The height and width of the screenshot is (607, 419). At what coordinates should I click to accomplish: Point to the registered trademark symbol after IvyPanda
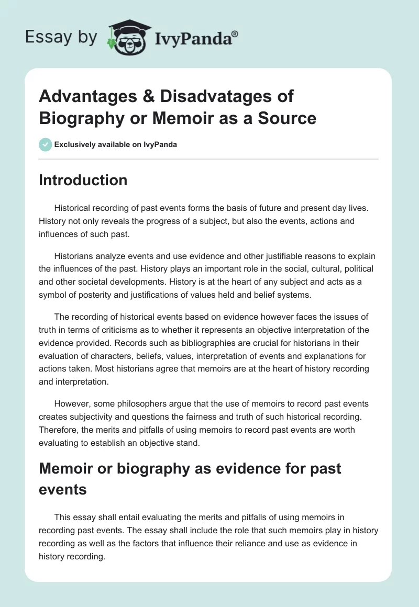[235, 33]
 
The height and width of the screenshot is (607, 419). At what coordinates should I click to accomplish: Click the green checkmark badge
[46, 144]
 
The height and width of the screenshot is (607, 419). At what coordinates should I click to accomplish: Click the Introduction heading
[83, 180]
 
